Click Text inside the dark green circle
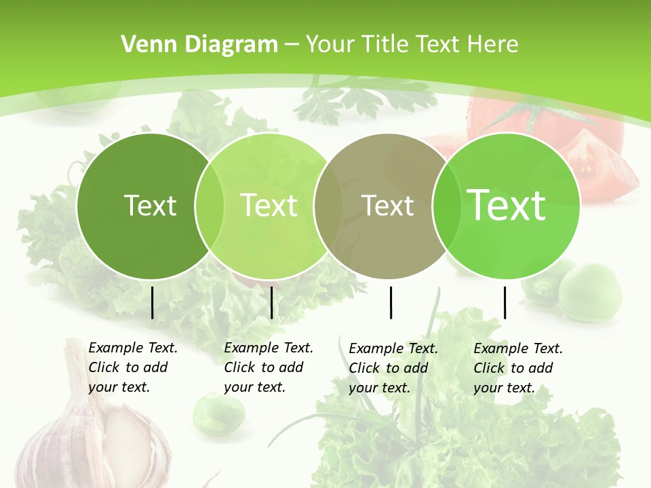(150, 205)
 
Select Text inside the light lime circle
(269, 205)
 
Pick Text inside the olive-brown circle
(388, 205)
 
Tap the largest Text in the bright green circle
(507, 205)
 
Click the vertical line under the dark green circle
(152, 302)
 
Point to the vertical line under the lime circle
(271, 302)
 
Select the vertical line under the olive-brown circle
(391, 302)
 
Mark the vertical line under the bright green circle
(505, 302)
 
